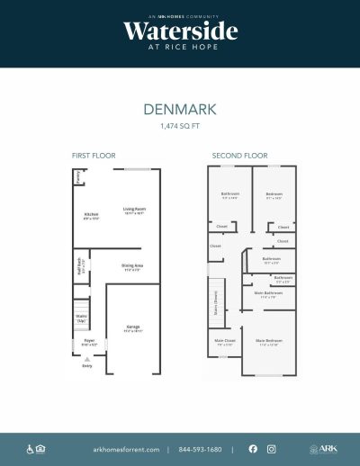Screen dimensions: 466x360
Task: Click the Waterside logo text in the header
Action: [180, 31]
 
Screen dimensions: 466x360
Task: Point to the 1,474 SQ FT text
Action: [180, 127]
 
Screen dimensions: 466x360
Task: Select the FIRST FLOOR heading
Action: [94, 156]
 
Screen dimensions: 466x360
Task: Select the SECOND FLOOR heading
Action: [237, 156]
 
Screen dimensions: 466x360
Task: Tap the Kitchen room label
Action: [91, 215]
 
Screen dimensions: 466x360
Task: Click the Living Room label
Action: [135, 211]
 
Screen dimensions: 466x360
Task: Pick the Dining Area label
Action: [132, 266]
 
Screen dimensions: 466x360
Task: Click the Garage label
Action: [132, 328]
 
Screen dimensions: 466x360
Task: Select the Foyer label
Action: [89, 342]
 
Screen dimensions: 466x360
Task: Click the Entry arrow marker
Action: [87, 358]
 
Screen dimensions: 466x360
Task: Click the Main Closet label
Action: [224, 342]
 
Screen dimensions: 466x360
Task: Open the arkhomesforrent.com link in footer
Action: [126, 449]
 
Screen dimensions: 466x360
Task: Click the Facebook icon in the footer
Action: [252, 449]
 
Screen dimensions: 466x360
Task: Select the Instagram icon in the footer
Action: [271, 449]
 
